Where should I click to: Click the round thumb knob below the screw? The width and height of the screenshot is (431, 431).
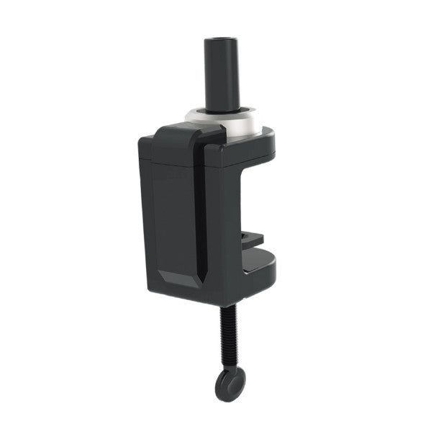point(228,384)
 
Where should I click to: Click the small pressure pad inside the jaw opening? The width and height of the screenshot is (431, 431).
point(252,240)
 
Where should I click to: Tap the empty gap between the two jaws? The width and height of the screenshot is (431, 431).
point(252,201)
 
